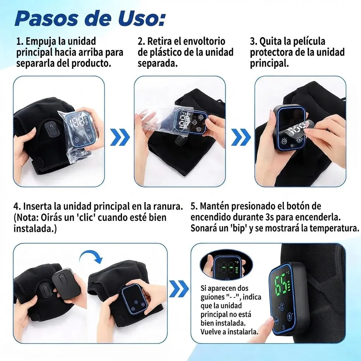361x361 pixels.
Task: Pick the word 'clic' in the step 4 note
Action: tap(86, 217)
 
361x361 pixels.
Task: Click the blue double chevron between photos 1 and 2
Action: tap(120, 137)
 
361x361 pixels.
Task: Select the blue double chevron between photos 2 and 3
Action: tap(241, 137)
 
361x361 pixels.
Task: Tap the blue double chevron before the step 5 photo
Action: tap(179, 289)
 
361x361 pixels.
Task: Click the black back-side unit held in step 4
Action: tap(66, 283)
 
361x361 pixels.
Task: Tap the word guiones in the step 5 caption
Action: tap(212, 297)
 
